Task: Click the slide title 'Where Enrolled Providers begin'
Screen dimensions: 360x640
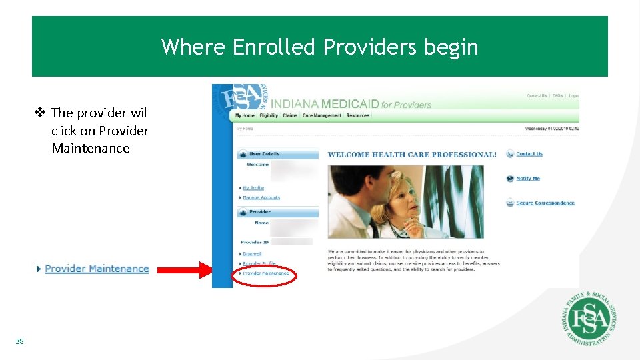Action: pyautogui.click(x=319, y=47)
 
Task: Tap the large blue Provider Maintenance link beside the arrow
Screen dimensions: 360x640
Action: pyautogui.click(x=97, y=269)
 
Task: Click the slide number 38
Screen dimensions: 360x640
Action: pyautogui.click(x=19, y=342)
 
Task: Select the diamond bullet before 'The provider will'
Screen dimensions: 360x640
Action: pyautogui.click(x=41, y=113)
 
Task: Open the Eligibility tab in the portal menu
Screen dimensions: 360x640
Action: pyautogui.click(x=269, y=115)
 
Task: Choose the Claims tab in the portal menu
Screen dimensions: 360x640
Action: pyautogui.click(x=290, y=115)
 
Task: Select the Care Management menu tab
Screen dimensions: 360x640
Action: pyautogui.click(x=322, y=115)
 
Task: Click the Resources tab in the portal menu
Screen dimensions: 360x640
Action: pyautogui.click(x=358, y=115)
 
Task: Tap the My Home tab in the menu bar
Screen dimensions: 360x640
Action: pyautogui.click(x=245, y=115)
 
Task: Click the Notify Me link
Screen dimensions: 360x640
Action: pyautogui.click(x=527, y=179)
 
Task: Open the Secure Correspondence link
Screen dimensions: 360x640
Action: pyautogui.click(x=545, y=203)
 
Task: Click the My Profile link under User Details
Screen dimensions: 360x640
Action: pyautogui.click(x=253, y=188)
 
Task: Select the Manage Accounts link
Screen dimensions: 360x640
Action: pyautogui.click(x=261, y=197)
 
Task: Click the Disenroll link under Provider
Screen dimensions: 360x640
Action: pyautogui.click(x=252, y=254)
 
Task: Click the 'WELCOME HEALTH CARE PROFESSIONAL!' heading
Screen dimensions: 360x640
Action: pyautogui.click(x=411, y=155)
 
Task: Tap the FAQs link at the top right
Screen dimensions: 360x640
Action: pyautogui.click(x=557, y=96)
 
